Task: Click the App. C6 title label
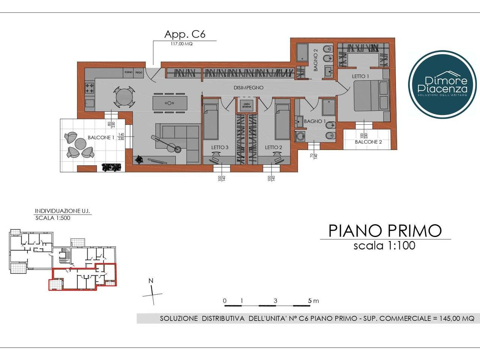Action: coord(185,34)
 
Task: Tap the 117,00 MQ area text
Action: coord(181,44)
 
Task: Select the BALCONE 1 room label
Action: coord(101,138)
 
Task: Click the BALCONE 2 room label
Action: coord(368,142)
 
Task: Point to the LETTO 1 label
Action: coord(360,76)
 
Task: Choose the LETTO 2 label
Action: coord(273,147)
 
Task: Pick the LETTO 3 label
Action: coord(220,147)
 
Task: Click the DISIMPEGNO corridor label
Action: coord(248,88)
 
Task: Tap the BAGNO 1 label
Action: coord(315,121)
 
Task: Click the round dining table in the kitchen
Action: coord(124,97)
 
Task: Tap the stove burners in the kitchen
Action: coord(90,88)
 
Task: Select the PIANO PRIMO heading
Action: coord(385,231)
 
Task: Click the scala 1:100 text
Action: coord(384,246)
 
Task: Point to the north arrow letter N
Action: coord(151,281)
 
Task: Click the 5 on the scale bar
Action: coord(310,301)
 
